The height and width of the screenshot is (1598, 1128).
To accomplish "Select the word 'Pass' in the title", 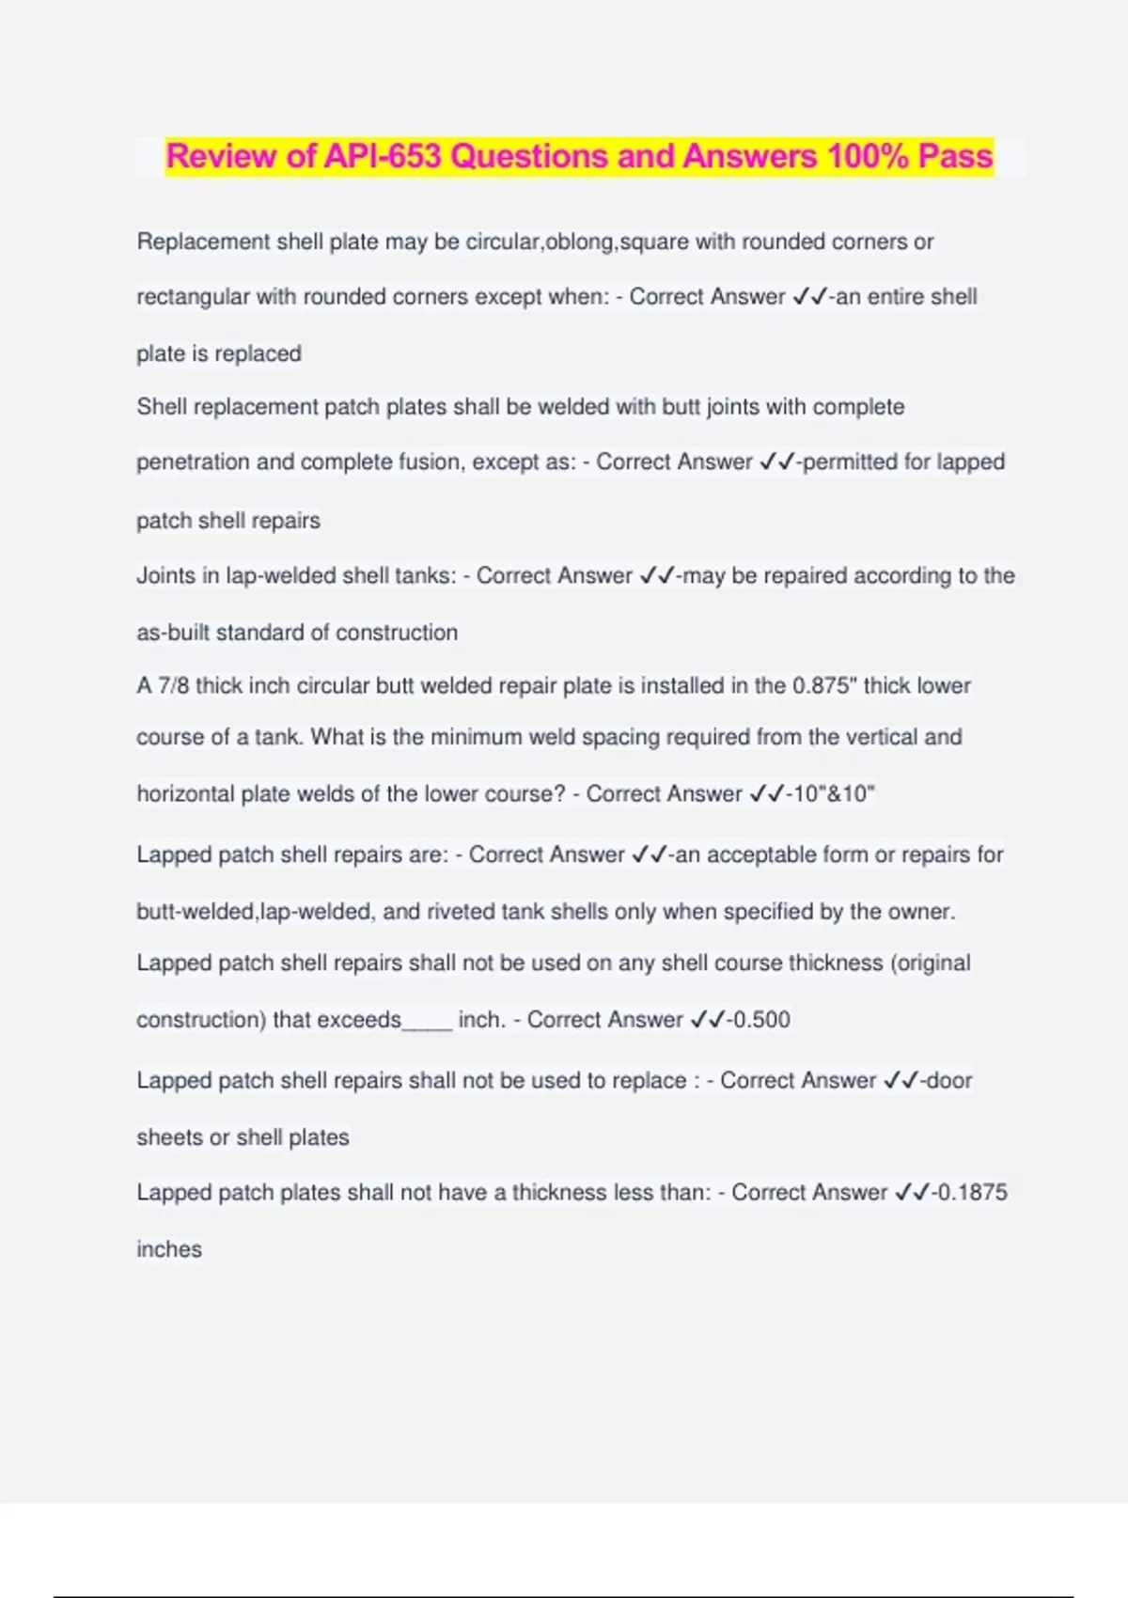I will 955,156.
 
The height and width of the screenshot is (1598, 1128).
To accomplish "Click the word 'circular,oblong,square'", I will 576,242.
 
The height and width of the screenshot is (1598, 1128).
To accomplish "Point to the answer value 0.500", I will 760,1020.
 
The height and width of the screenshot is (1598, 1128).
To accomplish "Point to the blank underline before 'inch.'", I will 427,1023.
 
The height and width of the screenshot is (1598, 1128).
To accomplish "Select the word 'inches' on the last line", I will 169,1249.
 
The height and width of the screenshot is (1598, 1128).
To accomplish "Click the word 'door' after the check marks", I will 948,1080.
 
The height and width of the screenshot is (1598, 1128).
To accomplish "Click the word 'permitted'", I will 849,462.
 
